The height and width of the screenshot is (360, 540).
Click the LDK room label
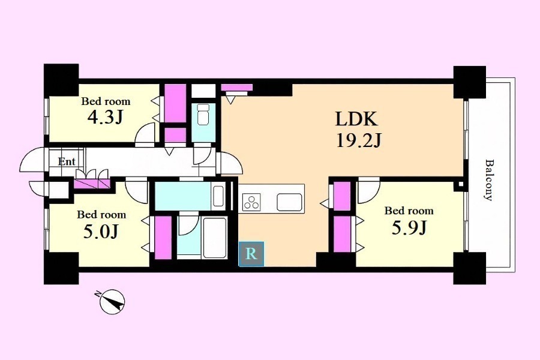coord(357,119)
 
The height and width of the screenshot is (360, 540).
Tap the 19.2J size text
coord(359,140)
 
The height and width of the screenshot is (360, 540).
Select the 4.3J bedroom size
coord(106,117)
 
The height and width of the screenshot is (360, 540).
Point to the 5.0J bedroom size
coord(101,232)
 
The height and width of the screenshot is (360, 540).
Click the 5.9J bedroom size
coord(409,227)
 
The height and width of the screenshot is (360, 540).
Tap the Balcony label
coord(489,179)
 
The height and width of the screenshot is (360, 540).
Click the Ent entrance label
coord(67,161)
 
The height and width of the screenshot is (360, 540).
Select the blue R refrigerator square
coord(251,254)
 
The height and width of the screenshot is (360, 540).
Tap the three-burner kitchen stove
coord(251,202)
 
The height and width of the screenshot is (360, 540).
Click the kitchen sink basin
coord(289,202)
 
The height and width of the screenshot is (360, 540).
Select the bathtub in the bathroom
coord(215,238)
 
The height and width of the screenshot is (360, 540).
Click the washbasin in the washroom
coord(218,196)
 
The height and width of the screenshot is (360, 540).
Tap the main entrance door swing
coord(33,159)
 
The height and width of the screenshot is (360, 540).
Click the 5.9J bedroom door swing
coord(368,191)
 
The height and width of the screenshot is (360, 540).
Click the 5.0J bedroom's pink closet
coord(163,238)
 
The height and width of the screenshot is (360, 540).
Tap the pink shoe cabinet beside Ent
coord(92,184)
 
